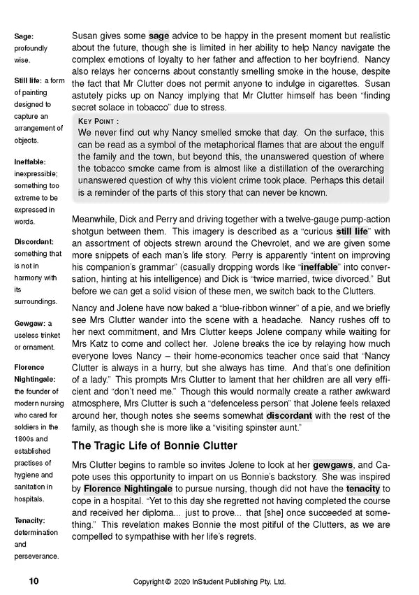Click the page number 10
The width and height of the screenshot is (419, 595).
(34, 581)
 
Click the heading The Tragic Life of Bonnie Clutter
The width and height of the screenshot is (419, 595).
(154, 445)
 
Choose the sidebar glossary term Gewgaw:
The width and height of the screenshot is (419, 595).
(34, 323)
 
